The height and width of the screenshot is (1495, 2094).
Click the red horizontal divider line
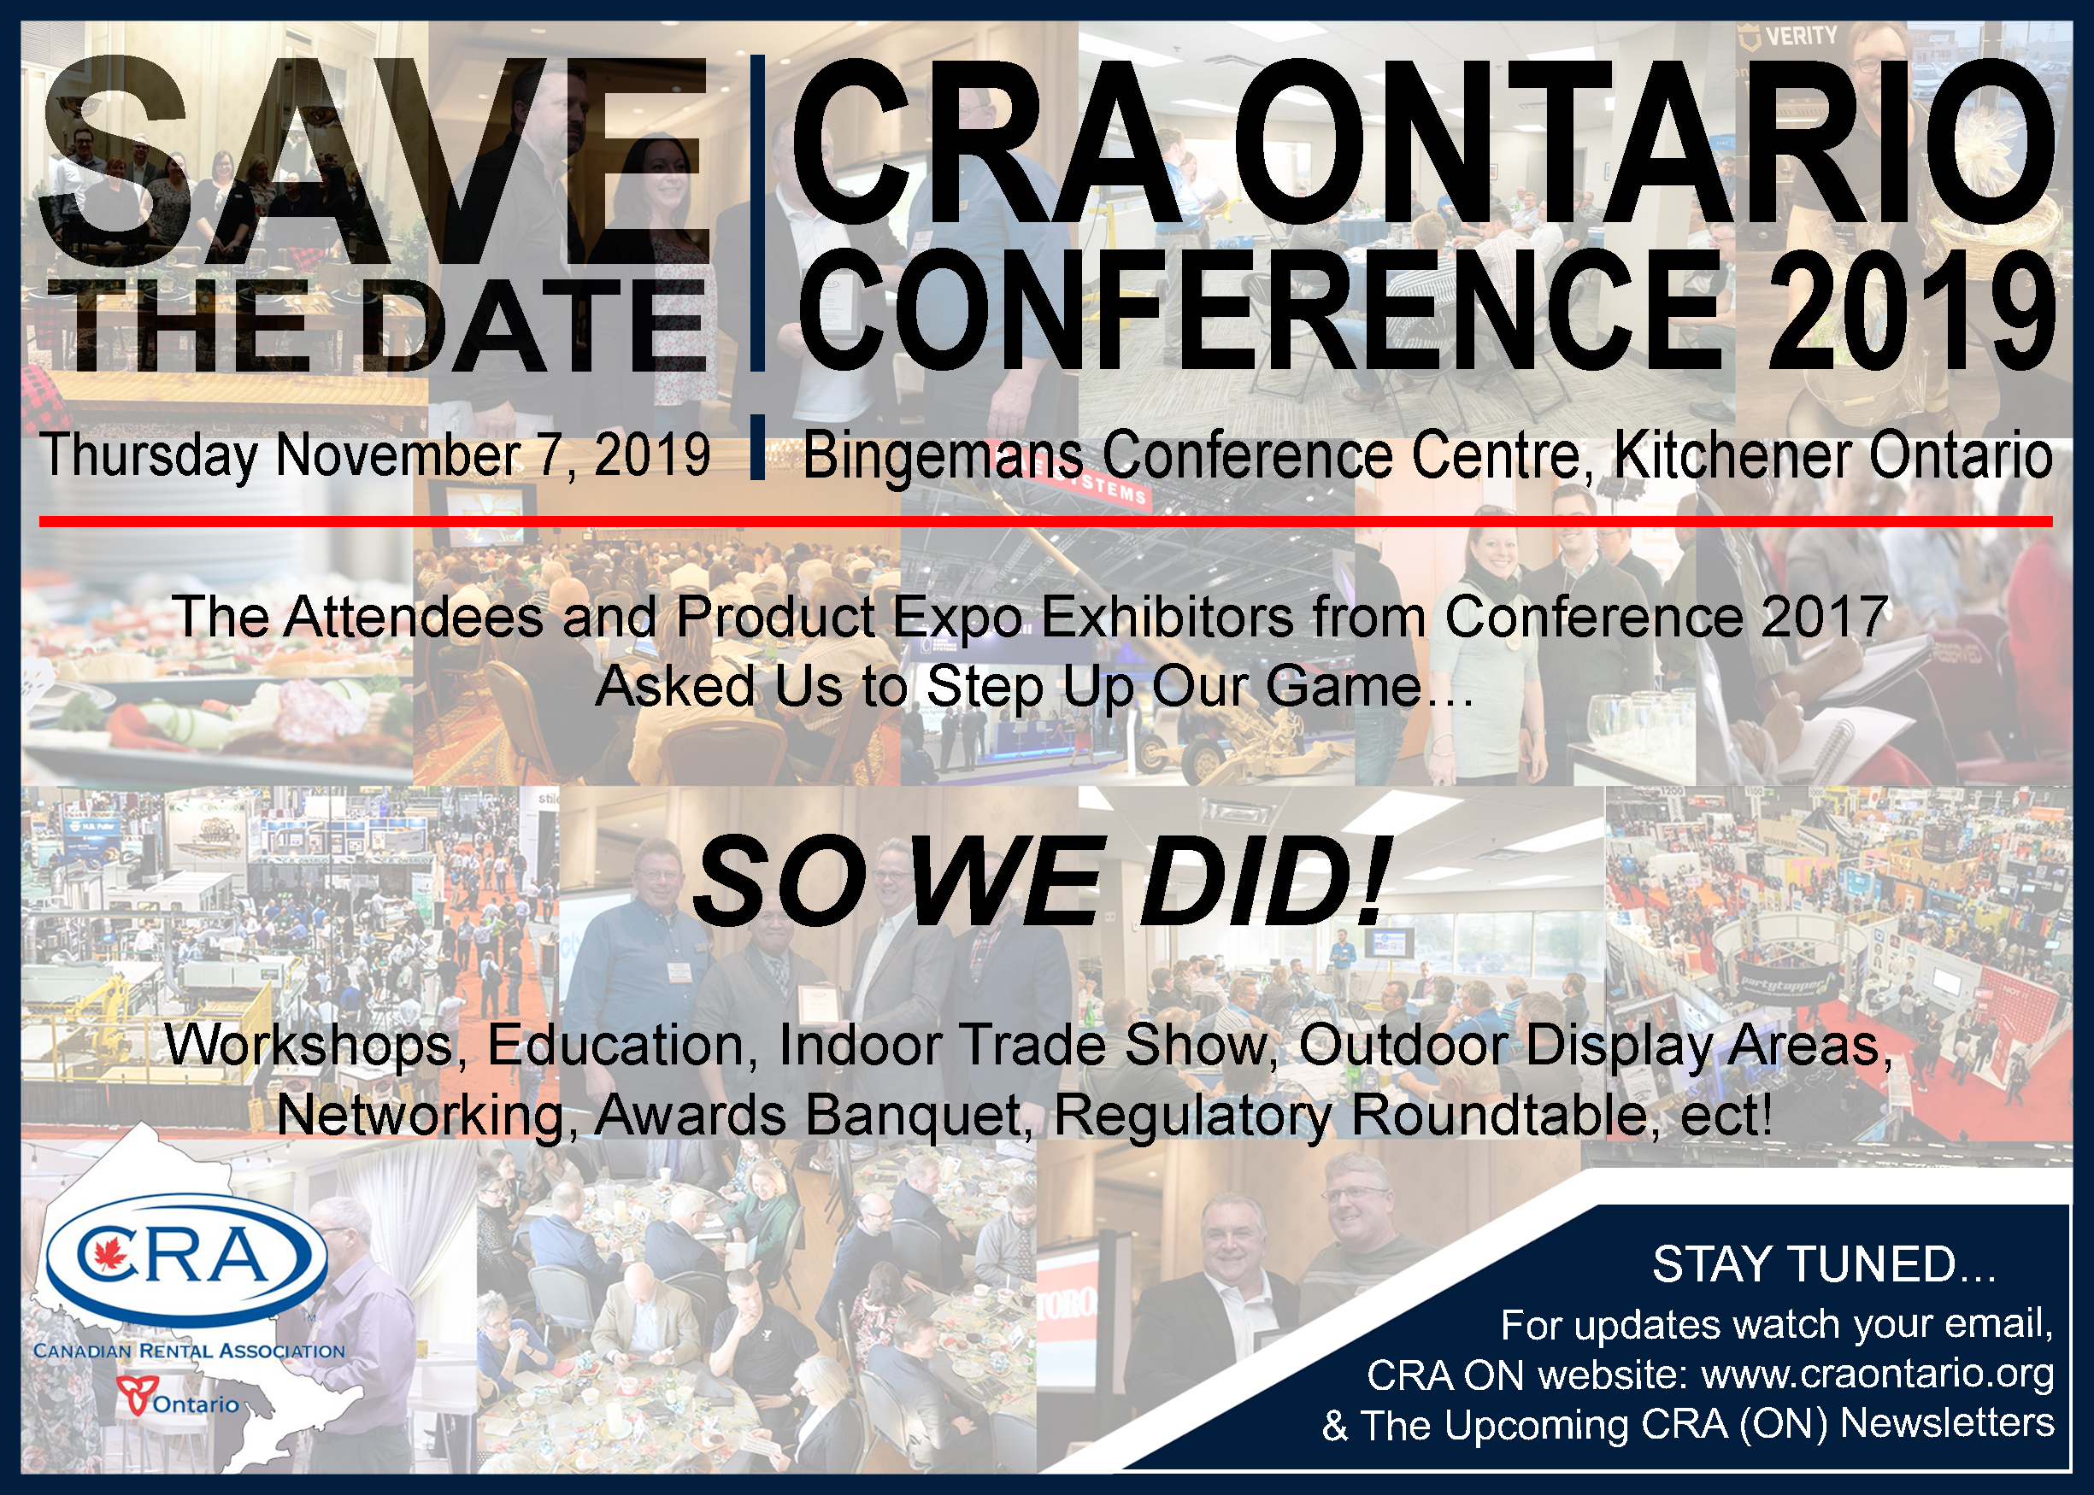tap(1046, 522)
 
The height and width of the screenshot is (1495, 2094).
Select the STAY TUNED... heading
tap(1824, 1265)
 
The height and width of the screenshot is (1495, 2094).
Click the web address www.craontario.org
tap(1878, 1375)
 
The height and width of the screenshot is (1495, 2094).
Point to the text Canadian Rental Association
tap(189, 1351)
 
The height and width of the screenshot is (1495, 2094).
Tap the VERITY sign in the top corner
tap(1787, 38)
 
